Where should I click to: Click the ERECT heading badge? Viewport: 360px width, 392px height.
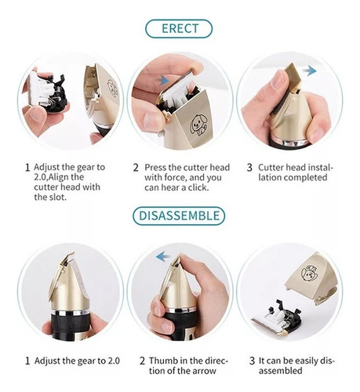click(179, 28)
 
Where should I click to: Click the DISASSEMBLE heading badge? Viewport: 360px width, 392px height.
click(179, 216)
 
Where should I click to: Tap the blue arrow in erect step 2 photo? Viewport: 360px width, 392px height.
click(162, 80)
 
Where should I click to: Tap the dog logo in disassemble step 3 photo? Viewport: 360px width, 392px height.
click(309, 273)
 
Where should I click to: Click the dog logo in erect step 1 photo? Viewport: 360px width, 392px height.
click(113, 88)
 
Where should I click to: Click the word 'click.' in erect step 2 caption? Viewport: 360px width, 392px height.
click(195, 187)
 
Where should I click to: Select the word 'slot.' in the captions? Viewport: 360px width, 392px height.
click(56, 197)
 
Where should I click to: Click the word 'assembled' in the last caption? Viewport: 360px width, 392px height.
click(281, 371)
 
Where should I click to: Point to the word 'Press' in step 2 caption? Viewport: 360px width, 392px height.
click(155, 167)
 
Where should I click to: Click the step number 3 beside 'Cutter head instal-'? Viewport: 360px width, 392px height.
click(249, 168)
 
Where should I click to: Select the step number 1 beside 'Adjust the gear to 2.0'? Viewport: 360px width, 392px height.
click(27, 361)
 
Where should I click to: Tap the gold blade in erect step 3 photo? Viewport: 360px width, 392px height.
click(294, 79)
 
